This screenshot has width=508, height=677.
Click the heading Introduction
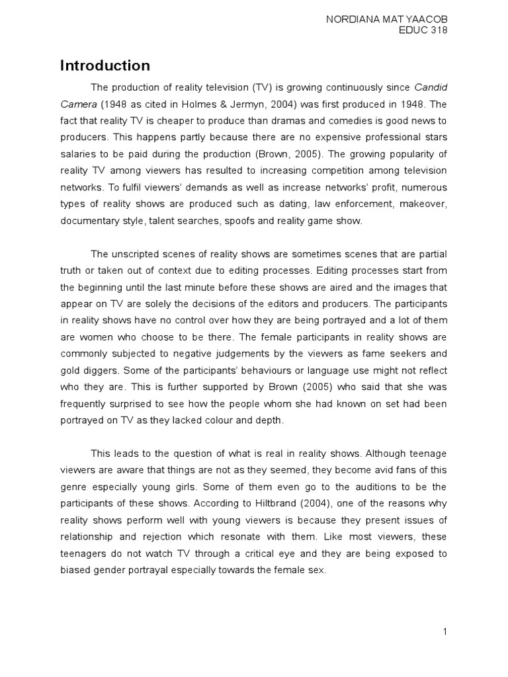105,65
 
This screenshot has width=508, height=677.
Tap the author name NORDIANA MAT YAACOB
386,20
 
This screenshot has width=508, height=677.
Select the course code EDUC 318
425,32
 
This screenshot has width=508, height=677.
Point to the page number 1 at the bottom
445,631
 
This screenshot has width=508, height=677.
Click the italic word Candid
430,87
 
